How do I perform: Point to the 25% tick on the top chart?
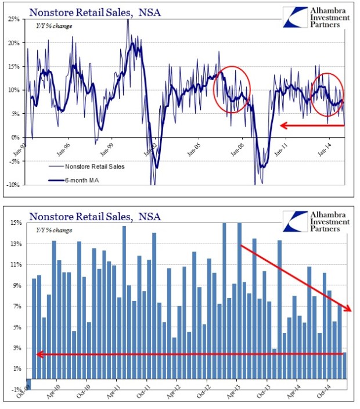[15, 19]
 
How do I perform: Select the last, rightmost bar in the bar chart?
[345, 365]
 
